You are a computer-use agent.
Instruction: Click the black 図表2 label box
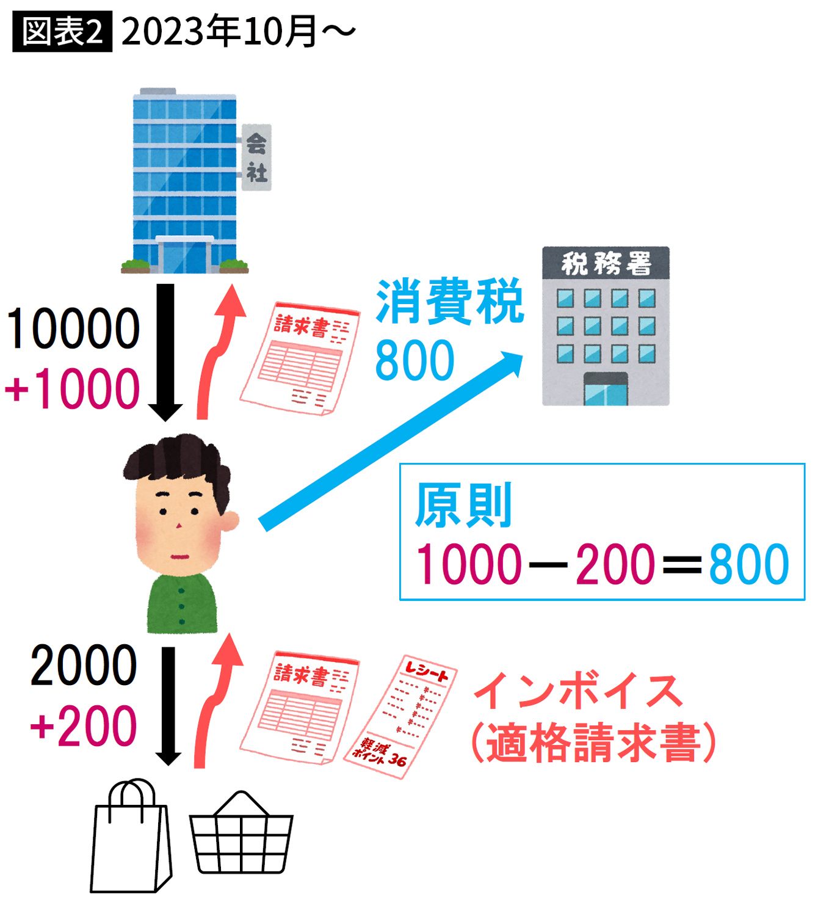coord(62,32)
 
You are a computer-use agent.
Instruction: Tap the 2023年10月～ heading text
coord(239,32)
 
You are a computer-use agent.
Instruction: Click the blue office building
coord(185,181)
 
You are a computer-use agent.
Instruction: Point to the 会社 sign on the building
coord(256,157)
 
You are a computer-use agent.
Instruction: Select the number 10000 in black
coord(73,329)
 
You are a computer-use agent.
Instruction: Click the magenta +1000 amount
coord(73,389)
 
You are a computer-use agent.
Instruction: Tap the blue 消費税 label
coord(450,302)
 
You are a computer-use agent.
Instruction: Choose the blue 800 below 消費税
coord(414,360)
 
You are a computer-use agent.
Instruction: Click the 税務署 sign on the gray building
coord(606,263)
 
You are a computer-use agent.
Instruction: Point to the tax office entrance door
coord(606,389)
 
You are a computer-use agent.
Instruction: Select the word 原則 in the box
coord(463,505)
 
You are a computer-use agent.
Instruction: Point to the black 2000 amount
coord(84,666)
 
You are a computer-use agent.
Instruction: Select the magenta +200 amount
coord(83,725)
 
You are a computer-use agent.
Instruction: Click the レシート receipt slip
coord(400,716)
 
